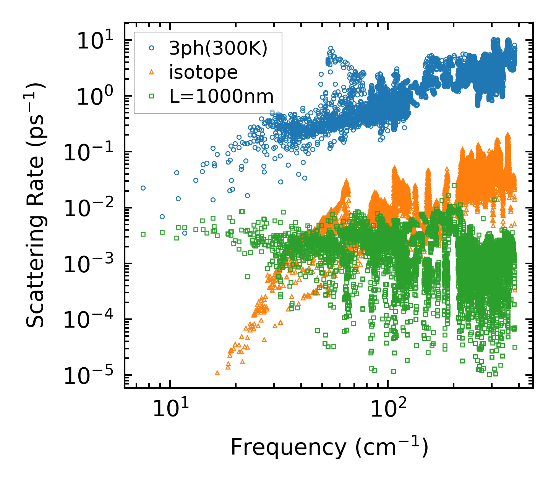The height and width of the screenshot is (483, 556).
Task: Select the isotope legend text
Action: point(203,72)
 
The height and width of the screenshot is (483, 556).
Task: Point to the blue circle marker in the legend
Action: point(152,48)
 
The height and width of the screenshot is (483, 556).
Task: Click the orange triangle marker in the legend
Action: point(152,72)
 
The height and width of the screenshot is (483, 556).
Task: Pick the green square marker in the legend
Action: point(152,96)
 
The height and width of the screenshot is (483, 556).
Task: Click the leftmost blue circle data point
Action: point(143,188)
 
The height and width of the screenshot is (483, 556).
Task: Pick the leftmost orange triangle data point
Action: point(217,373)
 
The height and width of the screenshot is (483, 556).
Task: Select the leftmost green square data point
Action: point(143,234)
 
